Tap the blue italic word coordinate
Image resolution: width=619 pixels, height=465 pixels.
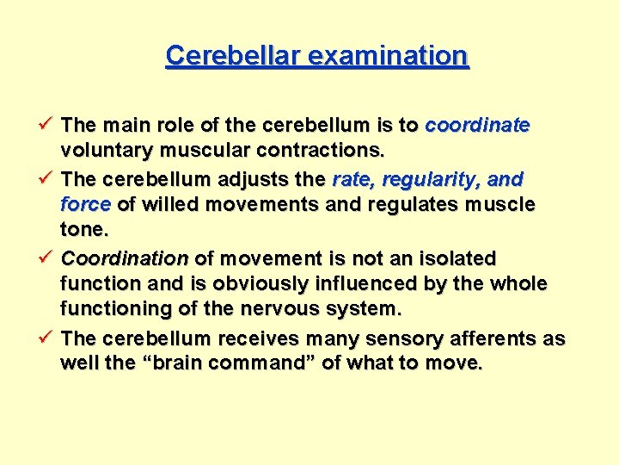[x=477, y=126]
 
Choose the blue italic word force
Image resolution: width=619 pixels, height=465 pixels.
[x=86, y=205]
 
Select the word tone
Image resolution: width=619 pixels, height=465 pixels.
[x=83, y=229]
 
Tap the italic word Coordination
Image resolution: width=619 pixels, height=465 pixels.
[x=125, y=258]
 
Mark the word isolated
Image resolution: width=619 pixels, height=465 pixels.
[x=456, y=258]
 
